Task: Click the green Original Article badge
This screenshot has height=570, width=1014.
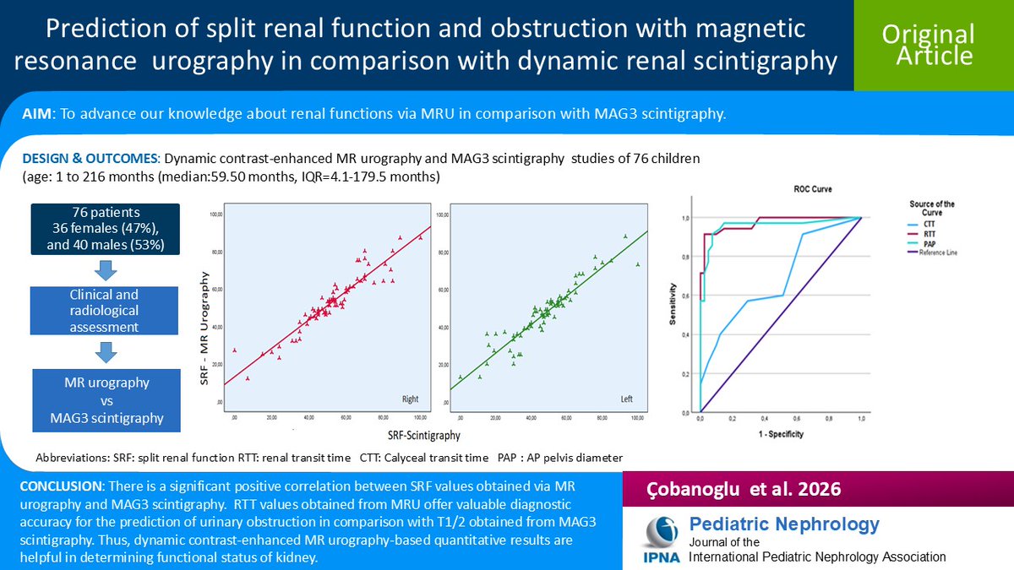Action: pos(928,45)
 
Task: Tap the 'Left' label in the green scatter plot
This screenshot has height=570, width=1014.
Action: pos(627,399)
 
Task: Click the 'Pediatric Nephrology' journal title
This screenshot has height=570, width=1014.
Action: pos(784,524)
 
